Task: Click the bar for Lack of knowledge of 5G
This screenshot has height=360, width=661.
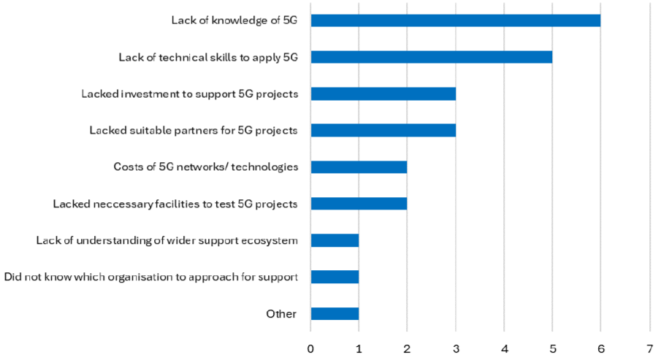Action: [x=455, y=20]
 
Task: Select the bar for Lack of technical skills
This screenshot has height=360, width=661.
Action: [x=431, y=57]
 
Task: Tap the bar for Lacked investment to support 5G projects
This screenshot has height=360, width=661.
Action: [x=383, y=93]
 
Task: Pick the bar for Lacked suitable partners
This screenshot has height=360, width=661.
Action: [x=383, y=130]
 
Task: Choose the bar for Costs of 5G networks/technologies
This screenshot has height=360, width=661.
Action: [x=359, y=167]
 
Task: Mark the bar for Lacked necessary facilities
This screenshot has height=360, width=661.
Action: [x=359, y=204]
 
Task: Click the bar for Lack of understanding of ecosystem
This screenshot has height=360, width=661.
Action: [x=335, y=240]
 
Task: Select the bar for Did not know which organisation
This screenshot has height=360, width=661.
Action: [x=335, y=277]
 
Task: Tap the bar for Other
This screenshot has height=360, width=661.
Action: [x=335, y=314]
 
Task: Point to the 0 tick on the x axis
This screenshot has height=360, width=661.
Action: [x=311, y=348]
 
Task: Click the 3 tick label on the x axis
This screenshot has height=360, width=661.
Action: [x=456, y=348]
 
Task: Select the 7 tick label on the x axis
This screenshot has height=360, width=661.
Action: [x=649, y=348]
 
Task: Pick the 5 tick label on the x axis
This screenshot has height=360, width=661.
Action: [x=552, y=348]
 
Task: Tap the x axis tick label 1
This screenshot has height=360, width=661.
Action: [x=359, y=348]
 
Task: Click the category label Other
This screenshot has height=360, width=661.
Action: [x=281, y=314]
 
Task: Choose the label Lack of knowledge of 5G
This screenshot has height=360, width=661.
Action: [x=234, y=20]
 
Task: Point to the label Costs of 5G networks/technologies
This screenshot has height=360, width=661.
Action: [x=205, y=167]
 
